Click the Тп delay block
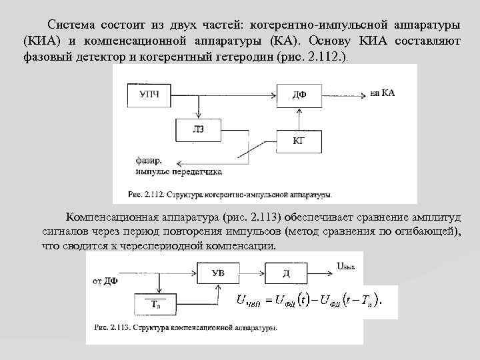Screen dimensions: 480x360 tap(155, 304)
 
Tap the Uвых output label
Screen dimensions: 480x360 tap(347, 267)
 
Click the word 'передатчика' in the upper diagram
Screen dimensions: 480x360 tap(199, 171)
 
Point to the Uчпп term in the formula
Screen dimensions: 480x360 tap(250, 301)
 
